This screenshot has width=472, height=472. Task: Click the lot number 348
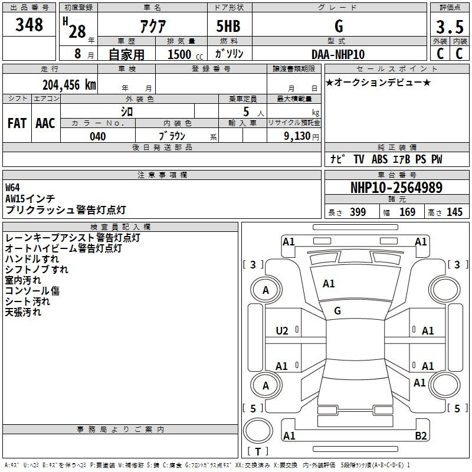29,24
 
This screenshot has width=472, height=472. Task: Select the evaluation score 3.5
450,27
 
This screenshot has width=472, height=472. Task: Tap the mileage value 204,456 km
69,85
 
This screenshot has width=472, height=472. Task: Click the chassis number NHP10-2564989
396,188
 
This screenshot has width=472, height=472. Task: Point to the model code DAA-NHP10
338,54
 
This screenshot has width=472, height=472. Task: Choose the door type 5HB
228,26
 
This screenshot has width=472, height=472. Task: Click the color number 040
98,136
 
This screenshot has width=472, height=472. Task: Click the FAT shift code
17,123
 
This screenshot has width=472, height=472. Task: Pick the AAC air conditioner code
45,123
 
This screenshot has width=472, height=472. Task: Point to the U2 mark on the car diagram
282,331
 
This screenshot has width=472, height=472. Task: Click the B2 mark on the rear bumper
421,435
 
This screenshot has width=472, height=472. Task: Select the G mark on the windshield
337,311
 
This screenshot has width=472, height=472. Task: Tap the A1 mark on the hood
329,284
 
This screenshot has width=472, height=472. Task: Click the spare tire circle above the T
258,431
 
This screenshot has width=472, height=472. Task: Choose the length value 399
358,212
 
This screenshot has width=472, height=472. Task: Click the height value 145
454,212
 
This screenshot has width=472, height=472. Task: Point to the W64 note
12,188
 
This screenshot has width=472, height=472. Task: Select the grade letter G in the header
339,26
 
